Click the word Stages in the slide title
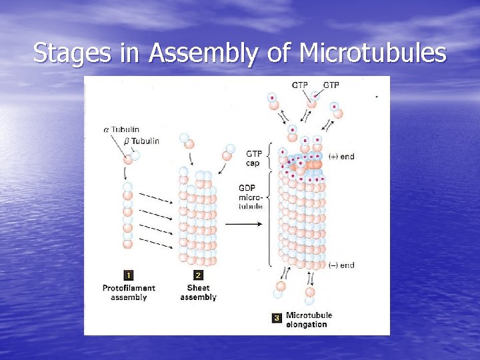click(73, 53)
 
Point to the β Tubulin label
click(141, 141)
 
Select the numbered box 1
click(129, 275)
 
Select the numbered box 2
click(198, 275)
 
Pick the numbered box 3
click(277, 319)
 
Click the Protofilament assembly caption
click(129, 293)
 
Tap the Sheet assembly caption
click(198, 293)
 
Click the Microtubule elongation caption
click(308, 319)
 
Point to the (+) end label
click(341, 157)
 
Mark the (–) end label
click(341, 265)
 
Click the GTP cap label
click(253, 158)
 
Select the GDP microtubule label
click(251, 197)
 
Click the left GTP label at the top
click(300, 85)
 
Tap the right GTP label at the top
click(331, 85)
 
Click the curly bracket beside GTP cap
click(269, 158)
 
